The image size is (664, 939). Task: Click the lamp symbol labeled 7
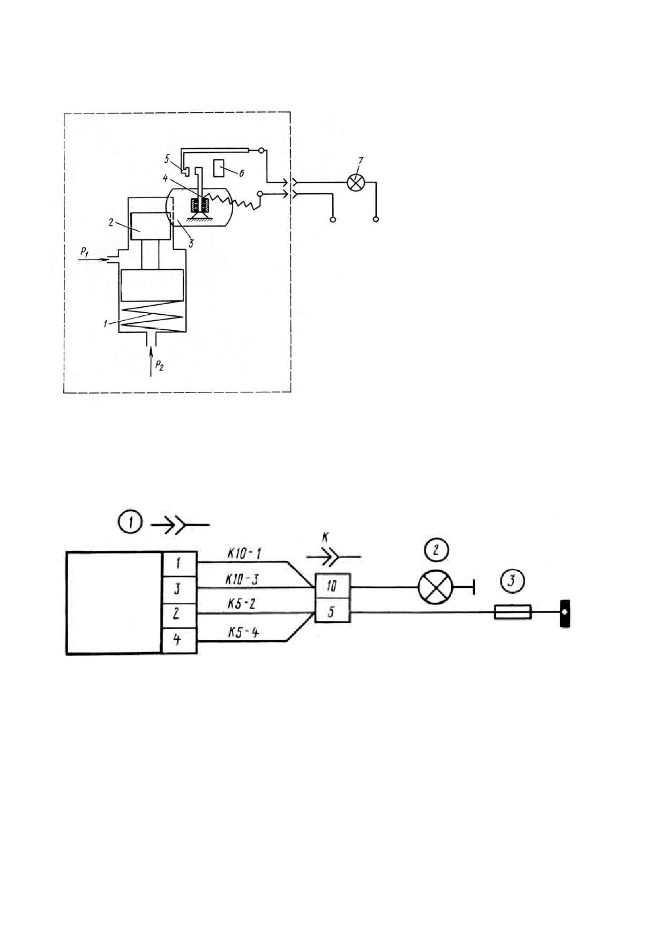point(355,183)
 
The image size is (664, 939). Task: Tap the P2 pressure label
point(160,366)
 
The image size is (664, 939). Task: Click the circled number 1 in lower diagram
point(131,522)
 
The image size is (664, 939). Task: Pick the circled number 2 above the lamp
point(436,550)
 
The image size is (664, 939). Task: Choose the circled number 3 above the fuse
point(513,580)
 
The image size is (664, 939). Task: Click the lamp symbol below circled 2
point(436,587)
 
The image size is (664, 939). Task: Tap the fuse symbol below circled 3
point(513,612)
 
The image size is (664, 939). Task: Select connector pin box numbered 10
point(332,586)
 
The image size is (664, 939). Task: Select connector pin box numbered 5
point(332,610)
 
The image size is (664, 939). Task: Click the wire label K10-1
point(244,554)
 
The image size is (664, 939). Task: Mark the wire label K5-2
point(242,604)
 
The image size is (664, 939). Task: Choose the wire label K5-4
point(243,632)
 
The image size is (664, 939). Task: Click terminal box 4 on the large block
point(179,640)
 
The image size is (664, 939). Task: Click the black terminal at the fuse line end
point(565,614)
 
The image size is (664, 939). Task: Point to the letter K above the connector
point(325,536)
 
